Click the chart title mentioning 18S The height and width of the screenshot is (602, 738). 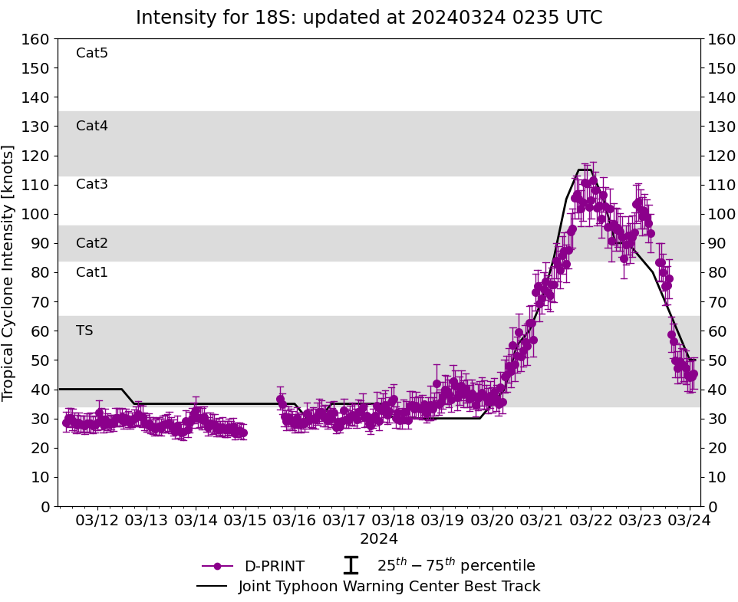(369, 18)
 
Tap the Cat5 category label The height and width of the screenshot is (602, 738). (92, 53)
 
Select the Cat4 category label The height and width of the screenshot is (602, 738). (92, 126)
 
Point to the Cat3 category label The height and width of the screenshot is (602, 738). (92, 184)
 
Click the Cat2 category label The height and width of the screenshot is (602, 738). (92, 243)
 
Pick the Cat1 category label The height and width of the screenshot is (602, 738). (92, 272)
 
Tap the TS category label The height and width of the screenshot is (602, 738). (84, 331)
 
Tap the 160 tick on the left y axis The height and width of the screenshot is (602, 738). (37, 39)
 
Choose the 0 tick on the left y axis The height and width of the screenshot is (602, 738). (45, 506)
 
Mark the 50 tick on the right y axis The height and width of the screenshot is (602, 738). (716, 360)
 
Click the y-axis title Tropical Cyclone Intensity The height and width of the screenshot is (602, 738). (9, 272)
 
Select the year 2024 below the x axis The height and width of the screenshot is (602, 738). (379, 539)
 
